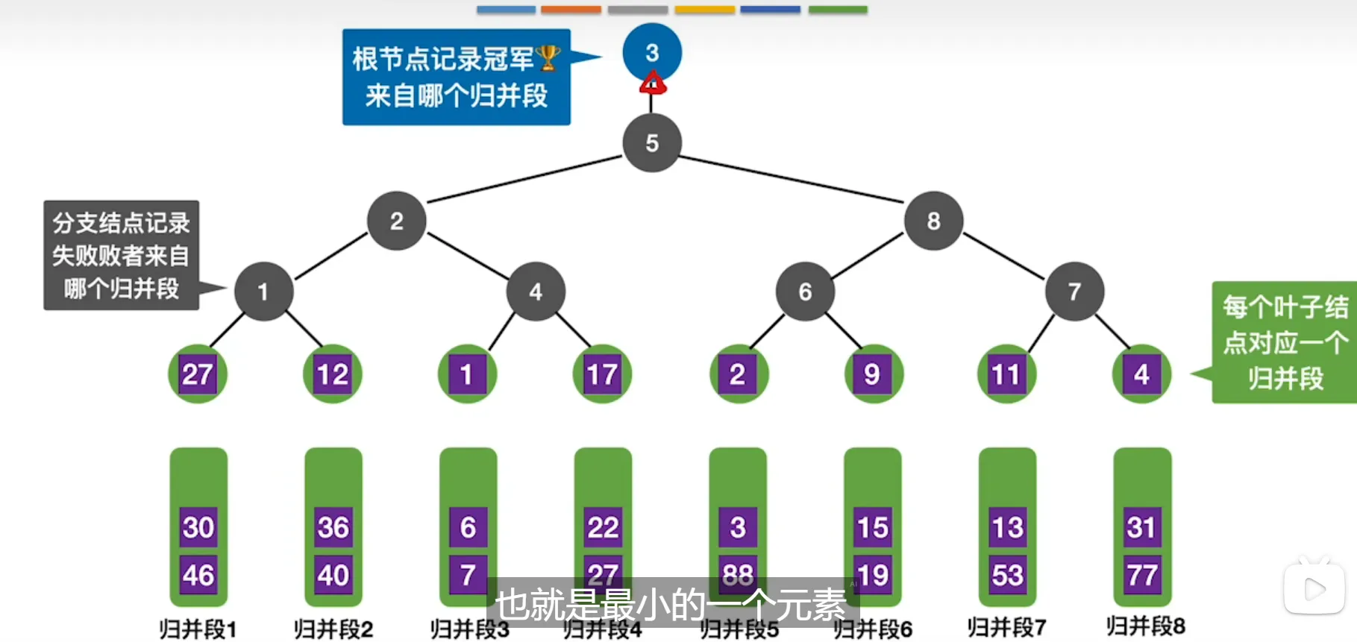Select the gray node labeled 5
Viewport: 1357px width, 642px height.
(652, 143)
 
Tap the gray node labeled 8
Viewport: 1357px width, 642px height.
(933, 221)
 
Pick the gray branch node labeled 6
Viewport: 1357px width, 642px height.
(805, 292)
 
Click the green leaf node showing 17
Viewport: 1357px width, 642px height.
(602, 374)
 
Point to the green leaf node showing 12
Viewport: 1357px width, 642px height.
(332, 374)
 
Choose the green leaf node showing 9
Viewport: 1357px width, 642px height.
(872, 374)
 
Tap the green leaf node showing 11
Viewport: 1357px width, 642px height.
(1006, 374)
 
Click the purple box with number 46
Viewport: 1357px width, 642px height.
(198, 575)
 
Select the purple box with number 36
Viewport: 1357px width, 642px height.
(333, 527)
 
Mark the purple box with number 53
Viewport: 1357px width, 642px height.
(1007, 575)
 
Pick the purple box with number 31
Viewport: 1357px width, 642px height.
(1141, 527)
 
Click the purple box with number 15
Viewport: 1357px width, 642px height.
(872, 527)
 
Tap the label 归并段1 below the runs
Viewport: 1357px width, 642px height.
(198, 629)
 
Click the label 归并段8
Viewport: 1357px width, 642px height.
(1145, 626)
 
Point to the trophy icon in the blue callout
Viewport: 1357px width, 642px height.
(548, 57)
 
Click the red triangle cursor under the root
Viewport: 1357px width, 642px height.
(653, 84)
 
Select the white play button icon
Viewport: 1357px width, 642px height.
(1314, 589)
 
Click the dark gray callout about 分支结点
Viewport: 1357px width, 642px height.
(121, 255)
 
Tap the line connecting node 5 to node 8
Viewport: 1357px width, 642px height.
(791, 179)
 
